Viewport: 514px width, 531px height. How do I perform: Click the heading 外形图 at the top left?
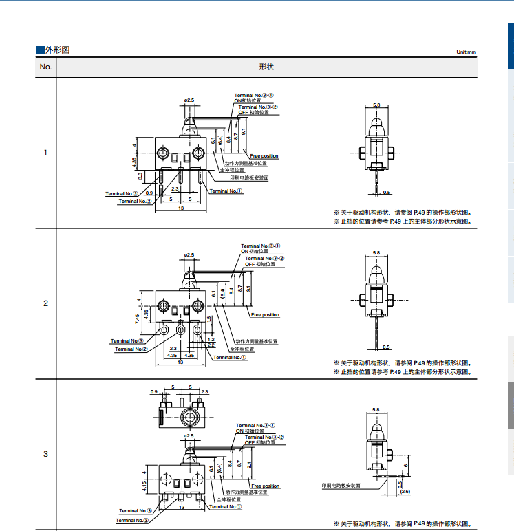click(x=56, y=50)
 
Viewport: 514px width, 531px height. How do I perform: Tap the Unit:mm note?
click(x=466, y=52)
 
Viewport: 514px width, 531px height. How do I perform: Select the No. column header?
click(x=45, y=67)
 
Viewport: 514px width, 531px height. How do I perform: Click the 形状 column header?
click(x=266, y=67)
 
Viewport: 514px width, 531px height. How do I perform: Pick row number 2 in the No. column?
click(x=45, y=303)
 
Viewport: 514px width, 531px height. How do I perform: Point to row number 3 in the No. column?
click(x=45, y=454)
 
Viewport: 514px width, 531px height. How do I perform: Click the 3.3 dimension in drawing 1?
click(x=140, y=176)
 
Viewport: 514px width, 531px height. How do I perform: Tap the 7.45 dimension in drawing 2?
click(x=138, y=317)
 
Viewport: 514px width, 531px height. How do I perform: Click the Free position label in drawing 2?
click(x=266, y=315)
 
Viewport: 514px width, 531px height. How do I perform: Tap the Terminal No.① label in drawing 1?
click(x=226, y=191)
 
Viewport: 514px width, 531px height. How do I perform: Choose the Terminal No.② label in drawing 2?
click(x=131, y=349)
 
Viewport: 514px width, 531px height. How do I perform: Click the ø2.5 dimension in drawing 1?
click(x=189, y=101)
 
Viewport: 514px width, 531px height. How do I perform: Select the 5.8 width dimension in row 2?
click(x=376, y=253)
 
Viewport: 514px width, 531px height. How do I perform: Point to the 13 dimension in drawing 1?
click(x=181, y=208)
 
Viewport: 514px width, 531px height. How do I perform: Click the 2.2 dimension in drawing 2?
click(x=211, y=345)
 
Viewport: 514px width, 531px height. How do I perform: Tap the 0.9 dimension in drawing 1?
click(x=149, y=193)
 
